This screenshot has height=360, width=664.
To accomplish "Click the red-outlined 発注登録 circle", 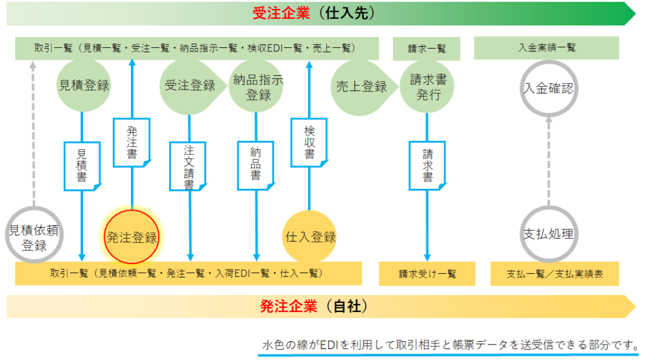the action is (132, 237).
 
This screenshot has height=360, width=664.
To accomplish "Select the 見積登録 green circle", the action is (84, 85).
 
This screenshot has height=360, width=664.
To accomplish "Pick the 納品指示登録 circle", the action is (257, 86).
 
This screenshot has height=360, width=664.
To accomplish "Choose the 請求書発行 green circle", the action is (427, 86).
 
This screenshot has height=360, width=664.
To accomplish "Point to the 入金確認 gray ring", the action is (549, 88).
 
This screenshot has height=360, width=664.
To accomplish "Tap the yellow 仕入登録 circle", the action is (309, 237).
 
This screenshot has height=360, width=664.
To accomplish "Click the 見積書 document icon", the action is (82, 166).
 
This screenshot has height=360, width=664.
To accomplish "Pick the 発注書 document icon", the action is (132, 142).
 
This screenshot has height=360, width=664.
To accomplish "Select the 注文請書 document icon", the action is (188, 166).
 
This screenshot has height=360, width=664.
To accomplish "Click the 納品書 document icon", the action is (256, 165).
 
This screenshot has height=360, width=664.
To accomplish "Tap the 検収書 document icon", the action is (309, 142).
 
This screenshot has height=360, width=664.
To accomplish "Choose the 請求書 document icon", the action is (428, 165).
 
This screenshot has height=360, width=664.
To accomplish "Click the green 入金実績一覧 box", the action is (546, 48).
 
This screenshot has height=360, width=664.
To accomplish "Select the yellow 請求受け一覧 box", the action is (427, 274).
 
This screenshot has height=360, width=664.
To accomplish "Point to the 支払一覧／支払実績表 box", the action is (555, 274).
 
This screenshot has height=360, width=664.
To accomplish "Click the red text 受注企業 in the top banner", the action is (281, 13).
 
